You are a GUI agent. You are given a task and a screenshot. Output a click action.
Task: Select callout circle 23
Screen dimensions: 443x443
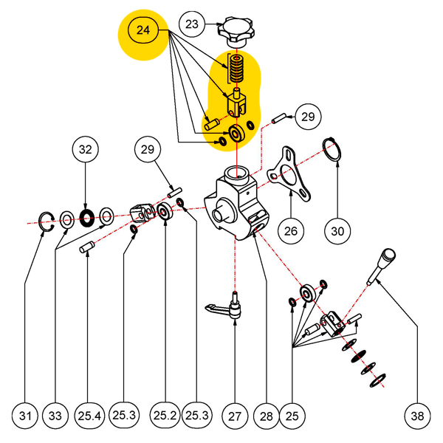192,24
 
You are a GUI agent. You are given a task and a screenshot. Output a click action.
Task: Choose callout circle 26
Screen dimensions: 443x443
291,231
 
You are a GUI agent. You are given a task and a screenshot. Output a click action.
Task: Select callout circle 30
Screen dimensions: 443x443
337,231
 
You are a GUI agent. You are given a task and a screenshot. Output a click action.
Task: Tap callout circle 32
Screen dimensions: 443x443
86,150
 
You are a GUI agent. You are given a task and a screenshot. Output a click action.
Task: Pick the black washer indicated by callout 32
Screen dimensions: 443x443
86,217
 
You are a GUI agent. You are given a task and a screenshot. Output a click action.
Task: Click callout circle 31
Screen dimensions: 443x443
26,416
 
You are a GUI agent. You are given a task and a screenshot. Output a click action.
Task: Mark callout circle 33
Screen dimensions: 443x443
56,416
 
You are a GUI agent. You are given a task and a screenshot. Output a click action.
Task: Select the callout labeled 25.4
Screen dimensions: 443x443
89,416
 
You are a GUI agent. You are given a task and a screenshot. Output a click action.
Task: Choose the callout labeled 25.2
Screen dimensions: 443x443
164,416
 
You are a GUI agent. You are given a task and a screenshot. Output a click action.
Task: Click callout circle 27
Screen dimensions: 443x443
235,416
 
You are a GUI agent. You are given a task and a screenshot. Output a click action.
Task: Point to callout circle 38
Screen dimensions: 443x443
418,416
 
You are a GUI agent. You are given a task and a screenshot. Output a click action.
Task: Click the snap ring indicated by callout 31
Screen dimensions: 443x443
47,219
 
